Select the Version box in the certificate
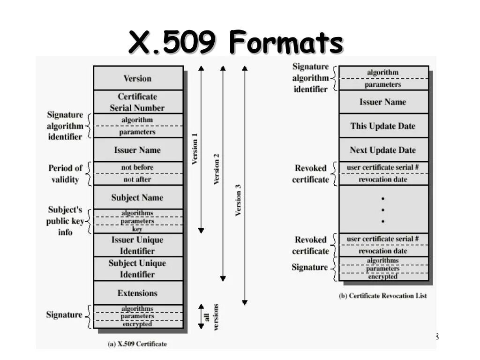137,78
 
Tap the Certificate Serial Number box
137,102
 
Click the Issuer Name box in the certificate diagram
137,150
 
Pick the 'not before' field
137,167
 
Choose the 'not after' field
137,179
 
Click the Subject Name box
137,197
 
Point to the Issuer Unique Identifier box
137,245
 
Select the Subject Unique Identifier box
137,269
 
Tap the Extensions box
137,293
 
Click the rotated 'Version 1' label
195,149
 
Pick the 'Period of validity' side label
65,173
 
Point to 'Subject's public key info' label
65,221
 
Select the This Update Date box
383,126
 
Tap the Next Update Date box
383,150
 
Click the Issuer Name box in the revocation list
383,102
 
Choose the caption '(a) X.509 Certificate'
137,344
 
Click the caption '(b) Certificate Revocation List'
383,296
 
